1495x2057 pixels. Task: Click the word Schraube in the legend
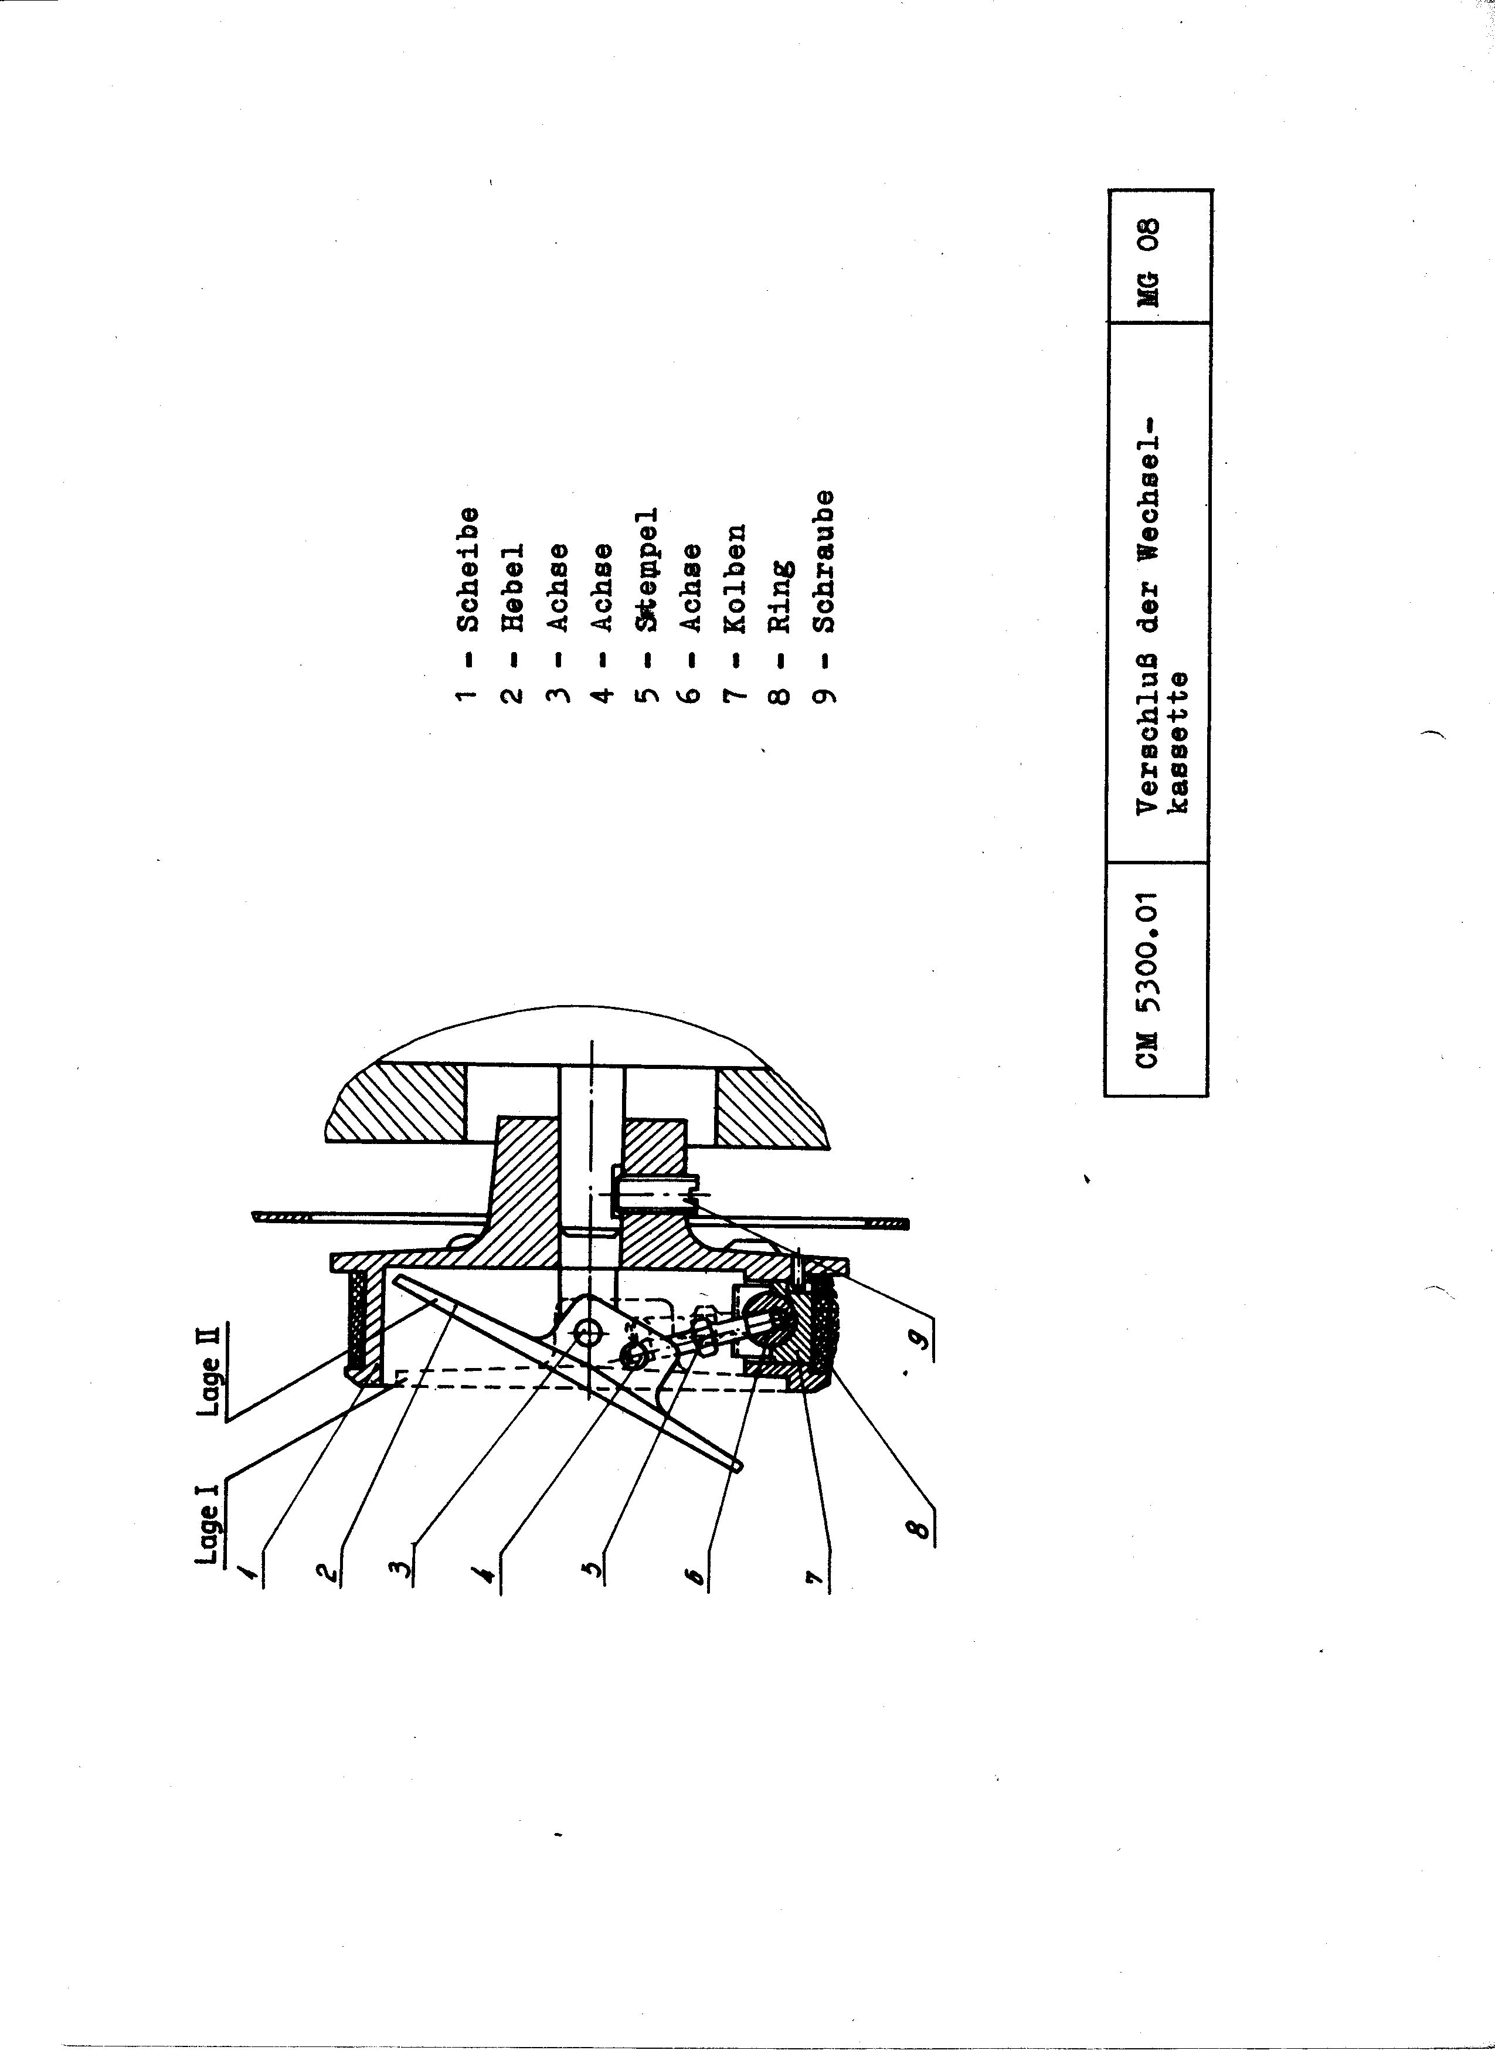[x=824, y=561]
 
